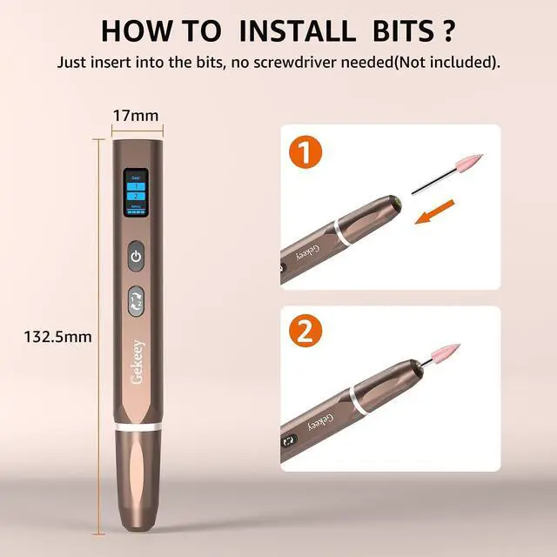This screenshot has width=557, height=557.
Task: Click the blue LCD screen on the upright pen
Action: point(135,196)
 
